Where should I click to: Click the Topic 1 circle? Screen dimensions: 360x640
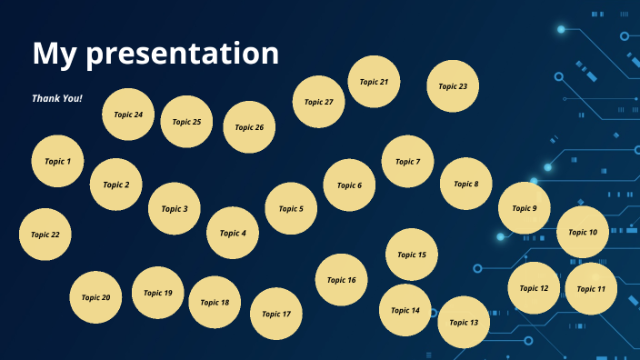point(57,161)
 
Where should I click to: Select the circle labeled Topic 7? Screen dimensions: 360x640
point(407,162)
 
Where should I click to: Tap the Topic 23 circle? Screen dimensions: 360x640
point(453,86)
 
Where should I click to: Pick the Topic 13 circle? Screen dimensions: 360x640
point(464,322)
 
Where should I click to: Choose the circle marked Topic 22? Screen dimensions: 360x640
point(45,234)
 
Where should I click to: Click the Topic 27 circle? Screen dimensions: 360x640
point(318,102)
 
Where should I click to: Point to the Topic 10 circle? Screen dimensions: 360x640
point(583,232)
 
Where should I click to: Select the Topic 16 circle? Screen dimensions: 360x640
point(342,280)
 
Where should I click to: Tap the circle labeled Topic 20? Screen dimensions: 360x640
point(95,297)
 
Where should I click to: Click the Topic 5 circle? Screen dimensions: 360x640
point(291,208)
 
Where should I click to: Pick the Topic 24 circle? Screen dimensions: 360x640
point(128,115)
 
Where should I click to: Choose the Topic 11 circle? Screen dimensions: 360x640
point(591,289)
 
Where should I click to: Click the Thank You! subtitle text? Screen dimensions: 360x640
point(57,97)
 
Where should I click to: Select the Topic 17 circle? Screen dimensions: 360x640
point(275,314)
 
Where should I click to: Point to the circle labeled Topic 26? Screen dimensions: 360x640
point(249,127)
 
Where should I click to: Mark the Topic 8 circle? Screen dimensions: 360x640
point(465,184)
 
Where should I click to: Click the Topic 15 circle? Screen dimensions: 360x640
point(412,255)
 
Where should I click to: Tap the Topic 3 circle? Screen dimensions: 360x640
point(175,208)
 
